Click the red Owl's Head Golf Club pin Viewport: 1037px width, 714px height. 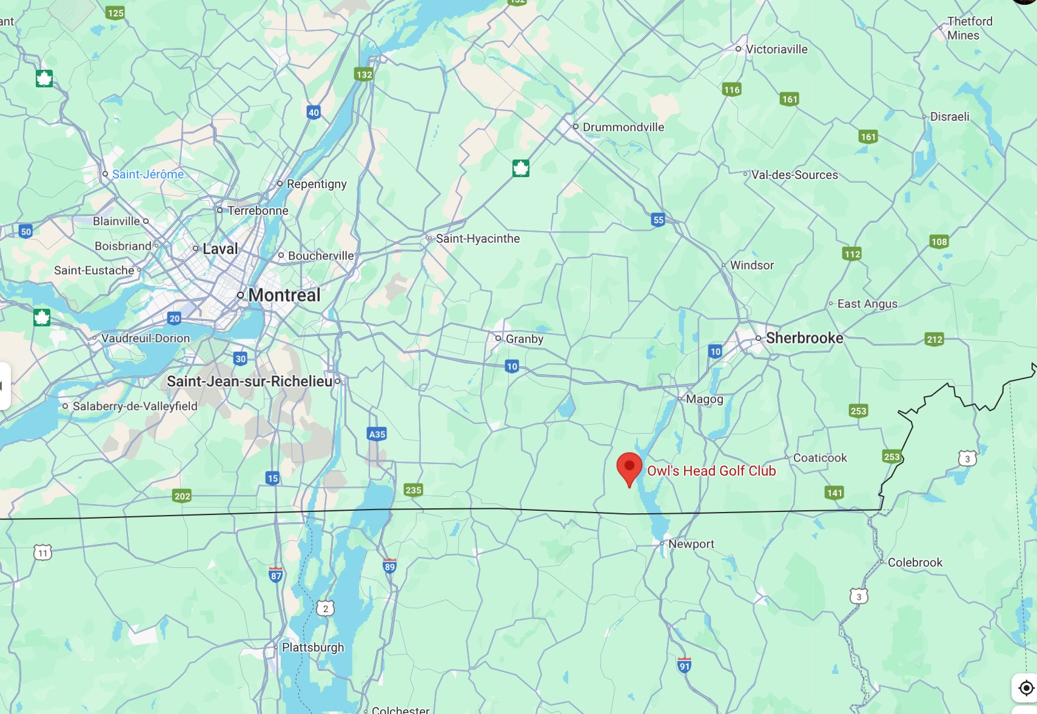coord(629,467)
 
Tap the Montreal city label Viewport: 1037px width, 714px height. coord(284,295)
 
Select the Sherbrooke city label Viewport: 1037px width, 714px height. coord(804,338)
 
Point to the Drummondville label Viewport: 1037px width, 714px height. coord(623,127)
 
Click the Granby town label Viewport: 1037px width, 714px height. coord(524,338)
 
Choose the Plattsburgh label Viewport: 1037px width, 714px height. coord(312,647)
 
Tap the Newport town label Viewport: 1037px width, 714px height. coord(691,544)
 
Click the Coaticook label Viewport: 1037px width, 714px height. coord(819,458)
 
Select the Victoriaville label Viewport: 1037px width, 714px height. coord(776,49)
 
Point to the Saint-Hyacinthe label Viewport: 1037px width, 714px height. coord(477,238)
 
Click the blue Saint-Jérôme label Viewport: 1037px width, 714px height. coord(147,174)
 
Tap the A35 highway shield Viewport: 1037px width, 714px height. coord(377,434)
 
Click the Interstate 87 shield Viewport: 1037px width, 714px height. coord(276,574)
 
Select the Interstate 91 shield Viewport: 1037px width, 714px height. coord(684,665)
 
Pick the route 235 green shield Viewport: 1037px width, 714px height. coord(413,490)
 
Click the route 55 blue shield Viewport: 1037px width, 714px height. coord(658,220)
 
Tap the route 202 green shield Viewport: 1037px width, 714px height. coord(182,496)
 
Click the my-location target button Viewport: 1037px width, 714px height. coord(1025,688)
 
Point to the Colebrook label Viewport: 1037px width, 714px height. coord(915,562)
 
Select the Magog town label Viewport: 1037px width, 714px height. coord(704,399)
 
